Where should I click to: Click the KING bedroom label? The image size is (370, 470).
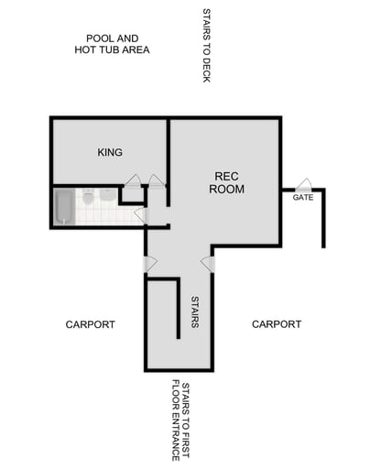click(x=110, y=152)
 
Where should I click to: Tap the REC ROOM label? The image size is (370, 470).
click(x=227, y=182)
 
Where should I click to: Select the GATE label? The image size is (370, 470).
click(x=304, y=198)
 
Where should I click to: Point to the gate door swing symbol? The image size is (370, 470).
click(x=303, y=185)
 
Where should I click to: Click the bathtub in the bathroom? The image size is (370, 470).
click(x=63, y=206)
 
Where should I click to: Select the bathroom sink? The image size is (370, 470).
click(x=107, y=195)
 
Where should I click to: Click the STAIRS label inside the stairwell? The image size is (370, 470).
click(x=195, y=312)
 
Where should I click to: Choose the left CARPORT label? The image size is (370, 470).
click(x=91, y=324)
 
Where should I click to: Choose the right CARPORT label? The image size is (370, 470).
click(x=277, y=324)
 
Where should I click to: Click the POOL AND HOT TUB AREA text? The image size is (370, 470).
click(x=112, y=44)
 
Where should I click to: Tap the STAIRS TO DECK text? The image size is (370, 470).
click(x=206, y=46)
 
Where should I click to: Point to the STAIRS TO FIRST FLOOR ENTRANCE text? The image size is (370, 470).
click(x=180, y=421)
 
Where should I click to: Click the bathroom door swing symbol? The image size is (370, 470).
click(x=139, y=215)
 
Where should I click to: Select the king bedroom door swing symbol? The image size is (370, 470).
click(x=157, y=180)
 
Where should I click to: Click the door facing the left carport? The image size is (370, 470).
click(x=149, y=264)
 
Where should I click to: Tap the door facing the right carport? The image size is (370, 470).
click(x=208, y=264)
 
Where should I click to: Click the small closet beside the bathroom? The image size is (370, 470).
click(x=133, y=194)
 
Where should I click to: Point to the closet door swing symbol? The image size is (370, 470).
click(x=134, y=180)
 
